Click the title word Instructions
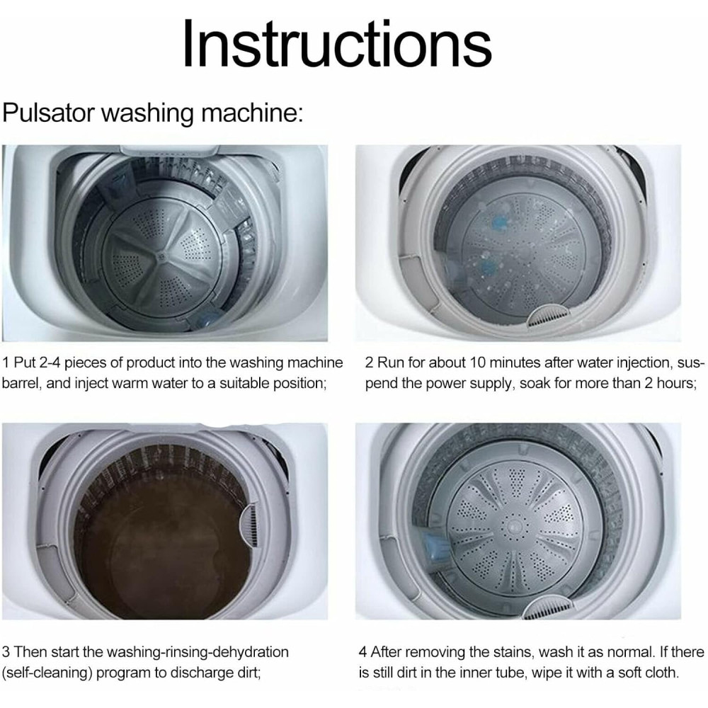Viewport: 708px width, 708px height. coord(337,43)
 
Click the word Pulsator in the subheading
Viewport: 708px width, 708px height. coord(48,113)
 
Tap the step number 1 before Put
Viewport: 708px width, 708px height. coord(6,362)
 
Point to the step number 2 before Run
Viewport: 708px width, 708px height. coord(369,362)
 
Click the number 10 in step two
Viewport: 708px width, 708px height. coord(478,362)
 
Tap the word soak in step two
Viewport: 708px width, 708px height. coord(535,383)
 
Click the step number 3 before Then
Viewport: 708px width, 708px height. coord(6,652)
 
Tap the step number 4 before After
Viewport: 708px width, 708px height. coord(363,652)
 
